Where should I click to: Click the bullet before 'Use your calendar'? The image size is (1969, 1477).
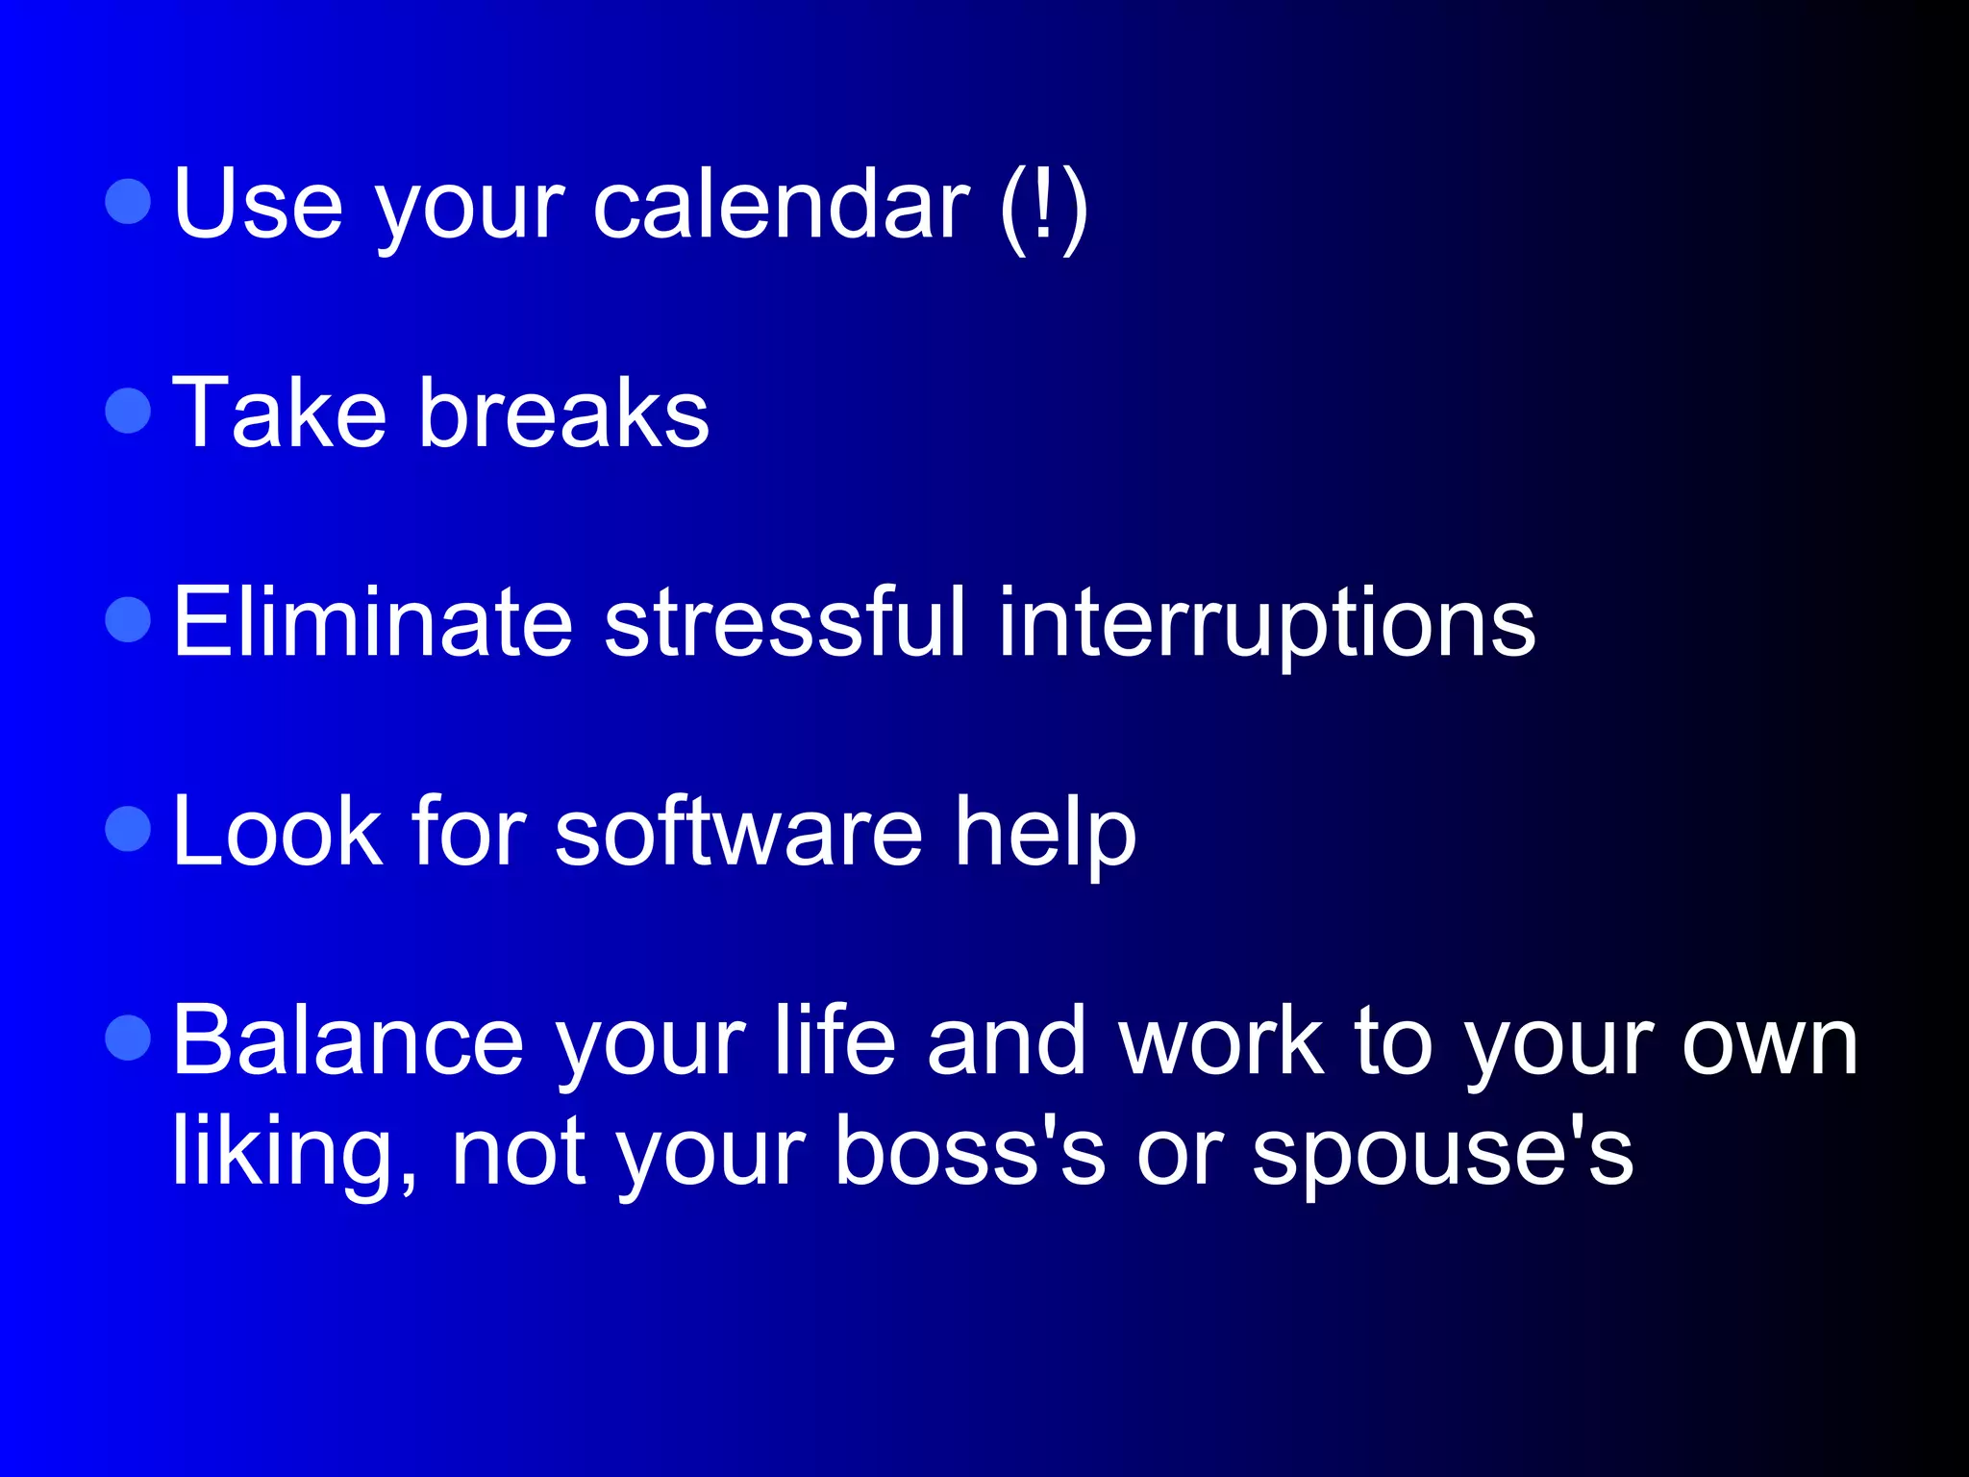(x=128, y=202)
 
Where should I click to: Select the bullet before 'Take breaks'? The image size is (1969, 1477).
(x=128, y=412)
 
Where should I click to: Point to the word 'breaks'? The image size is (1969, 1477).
(x=563, y=413)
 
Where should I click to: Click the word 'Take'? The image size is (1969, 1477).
(x=279, y=413)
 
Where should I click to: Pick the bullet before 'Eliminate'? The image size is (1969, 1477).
(x=128, y=619)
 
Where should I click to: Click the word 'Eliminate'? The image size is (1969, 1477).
(x=373, y=623)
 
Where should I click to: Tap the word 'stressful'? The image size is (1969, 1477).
(x=784, y=623)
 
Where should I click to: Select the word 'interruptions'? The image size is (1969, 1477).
(x=1266, y=625)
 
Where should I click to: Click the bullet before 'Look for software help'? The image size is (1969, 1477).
(x=128, y=829)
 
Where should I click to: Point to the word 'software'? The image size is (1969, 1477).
(x=738, y=832)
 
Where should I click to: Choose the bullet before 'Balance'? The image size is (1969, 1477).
(x=128, y=1039)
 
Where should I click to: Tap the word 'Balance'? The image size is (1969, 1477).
(x=348, y=1041)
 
